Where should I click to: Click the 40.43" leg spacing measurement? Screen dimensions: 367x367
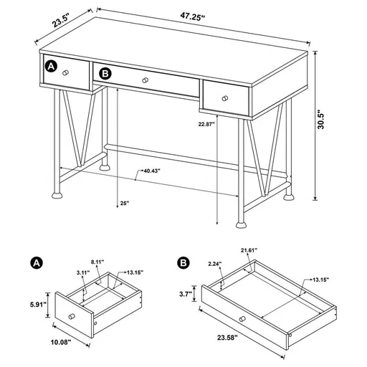(x=150, y=171)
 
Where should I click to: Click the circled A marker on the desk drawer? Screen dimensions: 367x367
(x=51, y=66)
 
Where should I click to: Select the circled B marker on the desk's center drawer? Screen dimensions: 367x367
(x=105, y=73)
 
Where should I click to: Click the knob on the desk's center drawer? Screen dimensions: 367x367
(x=146, y=80)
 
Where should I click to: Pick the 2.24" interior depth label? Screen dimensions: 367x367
(x=216, y=263)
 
